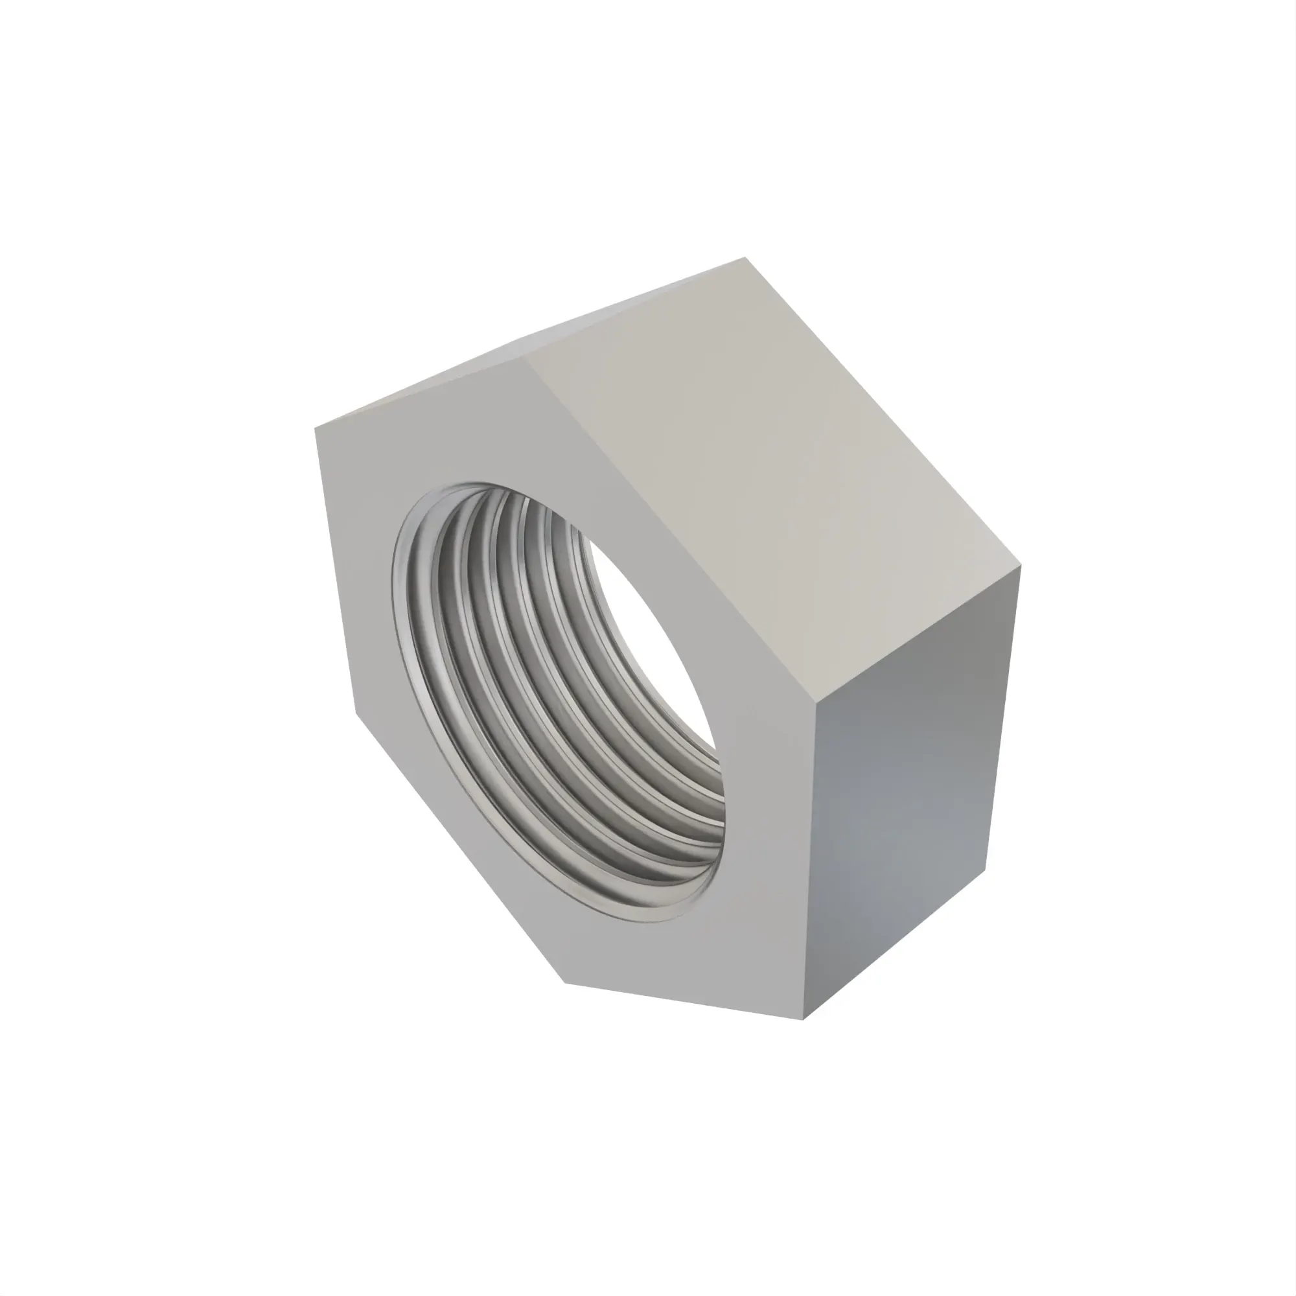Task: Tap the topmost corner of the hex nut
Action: pyautogui.click(x=745, y=258)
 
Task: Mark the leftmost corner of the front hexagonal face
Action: pyautogui.click(x=316, y=426)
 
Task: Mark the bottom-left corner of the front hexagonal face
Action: pyautogui.click(x=566, y=984)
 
